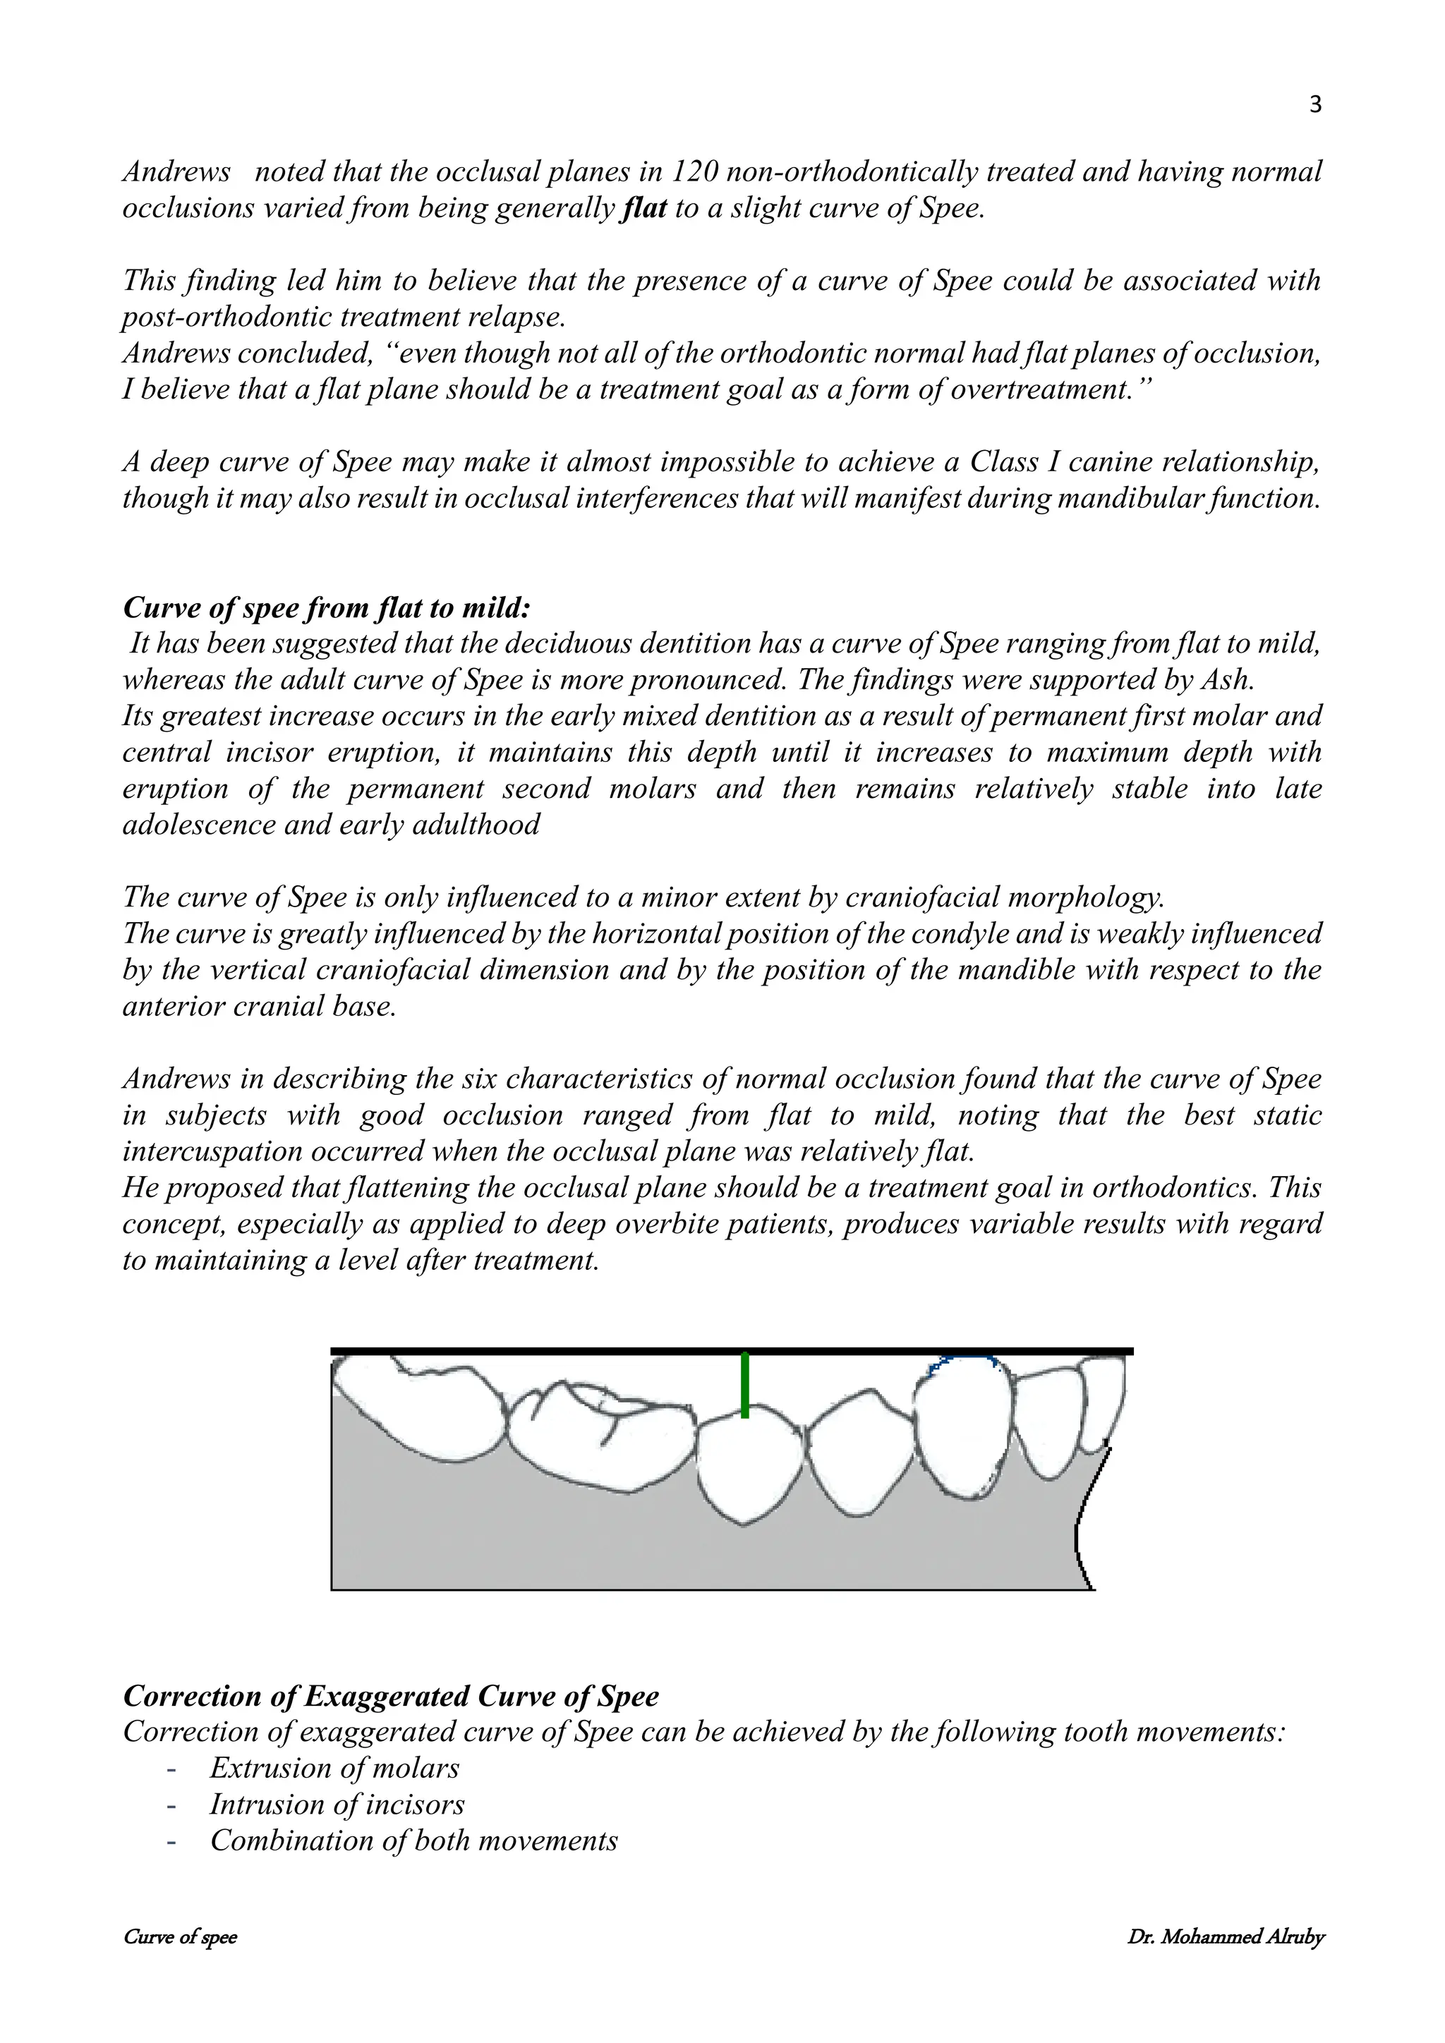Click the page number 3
[x=1316, y=106]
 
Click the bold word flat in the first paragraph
[x=643, y=208]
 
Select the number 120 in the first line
[x=693, y=171]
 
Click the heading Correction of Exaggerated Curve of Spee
[x=391, y=1696]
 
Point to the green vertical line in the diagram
[x=745, y=1386]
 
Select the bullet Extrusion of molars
[x=334, y=1768]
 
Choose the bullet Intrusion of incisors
[x=337, y=1805]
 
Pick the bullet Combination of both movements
[x=413, y=1841]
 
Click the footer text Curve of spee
[x=180, y=1937]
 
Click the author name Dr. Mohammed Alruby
[x=1226, y=1937]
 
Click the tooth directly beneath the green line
[x=745, y=1468]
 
